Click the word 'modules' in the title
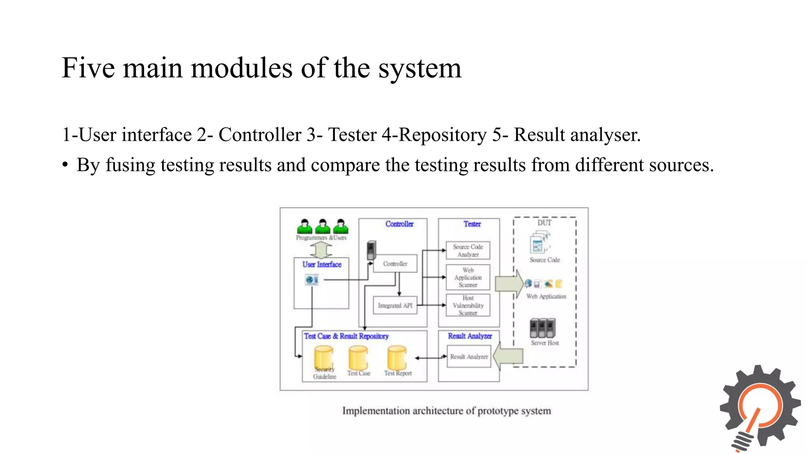(242, 68)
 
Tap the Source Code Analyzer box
(468, 251)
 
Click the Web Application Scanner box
(468, 277)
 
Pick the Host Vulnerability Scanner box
(468, 305)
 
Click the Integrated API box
(395, 305)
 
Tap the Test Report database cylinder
(397, 357)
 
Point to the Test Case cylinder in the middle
(358, 357)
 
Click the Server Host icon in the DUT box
(542, 328)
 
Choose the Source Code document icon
(539, 242)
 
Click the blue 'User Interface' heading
(322, 264)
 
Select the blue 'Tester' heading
(472, 224)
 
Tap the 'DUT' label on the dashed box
(544, 223)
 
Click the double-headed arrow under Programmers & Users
(321, 250)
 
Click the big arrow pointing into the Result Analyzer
(508, 356)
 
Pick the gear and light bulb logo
(760, 408)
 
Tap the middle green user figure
(323, 227)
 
